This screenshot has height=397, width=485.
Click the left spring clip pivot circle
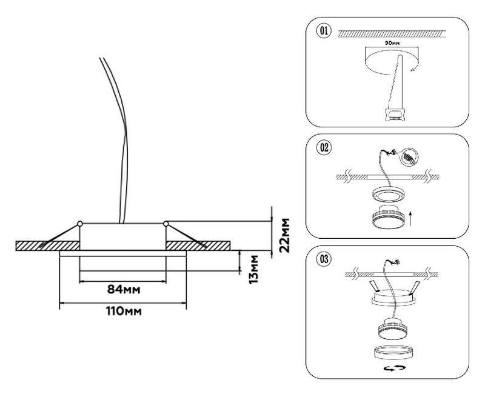[80, 223]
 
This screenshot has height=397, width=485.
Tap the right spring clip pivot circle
[166, 223]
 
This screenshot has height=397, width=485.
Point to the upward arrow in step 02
[412, 217]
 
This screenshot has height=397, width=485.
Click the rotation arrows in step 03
[389, 367]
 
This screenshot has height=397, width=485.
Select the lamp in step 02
[385, 216]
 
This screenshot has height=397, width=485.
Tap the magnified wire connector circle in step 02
[409, 157]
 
